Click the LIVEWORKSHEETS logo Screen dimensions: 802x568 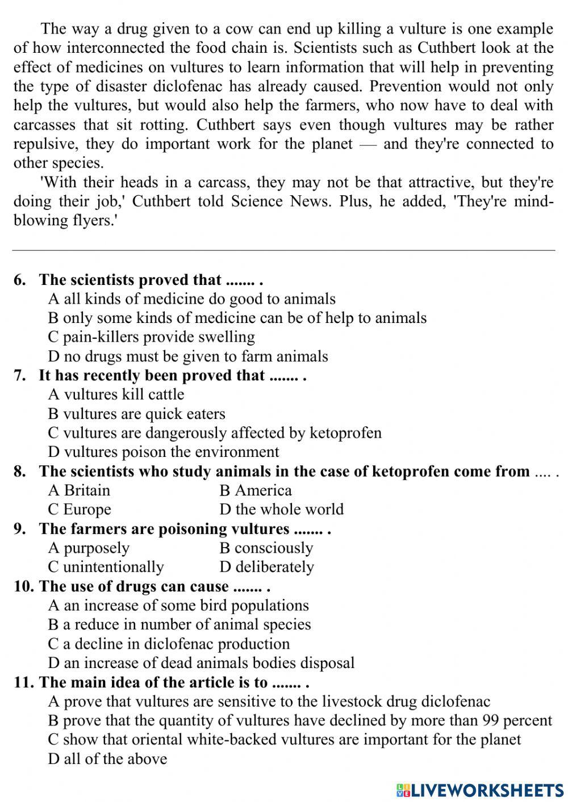pyautogui.click(x=480, y=790)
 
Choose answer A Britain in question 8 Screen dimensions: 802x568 pyautogui.click(x=79, y=490)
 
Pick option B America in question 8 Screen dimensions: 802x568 pyautogui.click(x=255, y=490)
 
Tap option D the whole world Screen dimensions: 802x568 pyautogui.click(x=281, y=509)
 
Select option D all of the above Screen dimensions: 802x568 pyautogui.click(x=107, y=758)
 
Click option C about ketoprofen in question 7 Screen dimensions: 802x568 pyautogui.click(x=215, y=433)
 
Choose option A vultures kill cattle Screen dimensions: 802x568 pyautogui.click(x=116, y=394)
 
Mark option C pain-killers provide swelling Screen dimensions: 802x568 pyautogui.click(x=151, y=337)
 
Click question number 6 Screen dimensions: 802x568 pyautogui.click(x=20, y=280)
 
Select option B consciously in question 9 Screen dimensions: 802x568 pyautogui.click(x=266, y=548)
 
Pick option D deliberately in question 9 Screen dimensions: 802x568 pyautogui.click(x=266, y=566)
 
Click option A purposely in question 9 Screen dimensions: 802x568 pyautogui.click(x=89, y=548)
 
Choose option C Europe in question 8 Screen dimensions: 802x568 pyautogui.click(x=80, y=509)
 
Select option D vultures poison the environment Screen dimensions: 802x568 pyautogui.click(x=164, y=452)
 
